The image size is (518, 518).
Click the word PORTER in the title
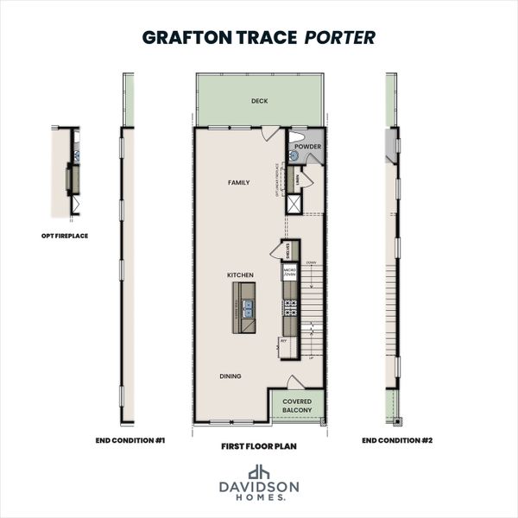click(x=340, y=38)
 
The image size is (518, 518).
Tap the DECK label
click(x=259, y=101)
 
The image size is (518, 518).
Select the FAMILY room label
click(x=238, y=183)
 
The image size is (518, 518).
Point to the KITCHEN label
click(x=240, y=275)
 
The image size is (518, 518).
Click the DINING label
click(x=230, y=376)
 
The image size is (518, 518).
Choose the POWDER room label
click(x=307, y=147)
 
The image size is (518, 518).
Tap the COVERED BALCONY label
click(x=297, y=406)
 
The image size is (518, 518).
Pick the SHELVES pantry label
click(x=287, y=250)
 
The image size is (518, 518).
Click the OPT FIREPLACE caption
click(x=65, y=234)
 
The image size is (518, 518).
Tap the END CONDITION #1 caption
click(x=130, y=440)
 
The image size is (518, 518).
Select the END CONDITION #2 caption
click(x=396, y=440)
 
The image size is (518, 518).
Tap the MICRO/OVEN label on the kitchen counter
click(x=289, y=274)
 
